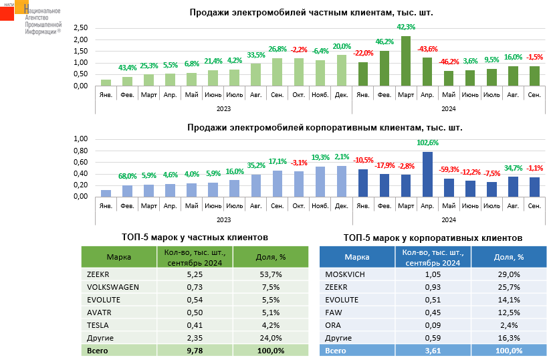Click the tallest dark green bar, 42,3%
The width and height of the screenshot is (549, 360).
tap(406, 61)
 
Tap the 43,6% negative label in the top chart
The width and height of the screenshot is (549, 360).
tap(427, 50)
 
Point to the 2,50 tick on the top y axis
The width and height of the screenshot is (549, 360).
tap(80, 28)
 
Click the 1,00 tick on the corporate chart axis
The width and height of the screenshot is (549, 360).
tap(80, 139)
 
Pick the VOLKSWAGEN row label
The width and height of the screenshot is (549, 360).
tap(113, 287)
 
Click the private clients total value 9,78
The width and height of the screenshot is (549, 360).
tap(195, 351)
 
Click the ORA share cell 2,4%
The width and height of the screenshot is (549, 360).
tap(509, 325)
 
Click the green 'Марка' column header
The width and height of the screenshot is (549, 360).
tap(118, 257)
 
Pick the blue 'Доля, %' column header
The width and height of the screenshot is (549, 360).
tap(509, 257)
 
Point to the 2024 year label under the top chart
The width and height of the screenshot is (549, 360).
tap(449, 108)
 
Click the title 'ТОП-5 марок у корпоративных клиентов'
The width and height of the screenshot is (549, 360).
tap(433, 238)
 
